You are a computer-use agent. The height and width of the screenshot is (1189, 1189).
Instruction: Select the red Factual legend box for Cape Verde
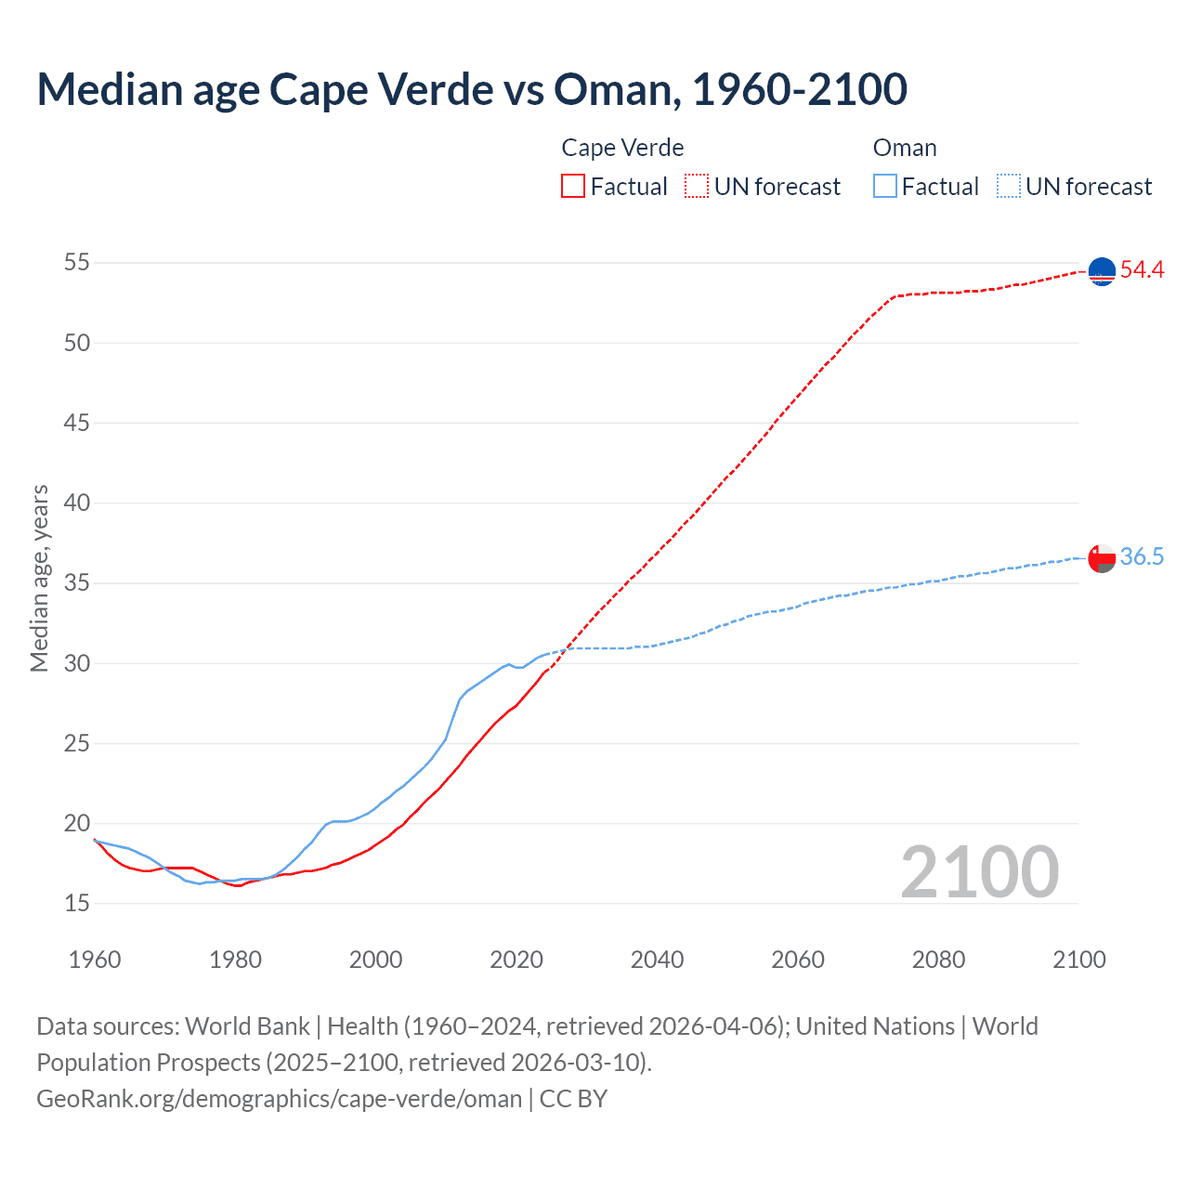573,187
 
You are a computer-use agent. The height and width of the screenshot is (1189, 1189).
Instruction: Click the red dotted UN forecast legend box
697,187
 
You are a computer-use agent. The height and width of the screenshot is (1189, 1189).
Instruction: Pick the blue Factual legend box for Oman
885,187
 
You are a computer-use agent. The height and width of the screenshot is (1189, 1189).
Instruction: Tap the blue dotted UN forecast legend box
1008,187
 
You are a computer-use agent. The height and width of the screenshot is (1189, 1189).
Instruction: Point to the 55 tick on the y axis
77,263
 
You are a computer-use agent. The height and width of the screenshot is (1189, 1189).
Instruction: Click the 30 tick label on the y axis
77,663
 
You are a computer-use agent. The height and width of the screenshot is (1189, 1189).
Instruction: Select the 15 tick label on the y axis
77,903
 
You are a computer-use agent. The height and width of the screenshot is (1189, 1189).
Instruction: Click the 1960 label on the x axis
95,960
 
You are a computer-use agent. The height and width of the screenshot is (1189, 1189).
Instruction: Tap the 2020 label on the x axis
516,960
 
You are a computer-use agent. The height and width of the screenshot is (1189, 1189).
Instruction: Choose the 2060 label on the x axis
798,960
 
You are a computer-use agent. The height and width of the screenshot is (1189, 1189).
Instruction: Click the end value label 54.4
1142,270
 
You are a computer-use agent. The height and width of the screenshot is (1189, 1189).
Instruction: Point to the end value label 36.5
1142,556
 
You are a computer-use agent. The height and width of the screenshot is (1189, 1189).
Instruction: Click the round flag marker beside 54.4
1102,271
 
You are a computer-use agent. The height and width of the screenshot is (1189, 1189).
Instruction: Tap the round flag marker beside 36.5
1102,558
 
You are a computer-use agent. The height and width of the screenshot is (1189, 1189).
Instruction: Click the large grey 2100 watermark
980,871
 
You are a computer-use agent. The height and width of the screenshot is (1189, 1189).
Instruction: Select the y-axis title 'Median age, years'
39,578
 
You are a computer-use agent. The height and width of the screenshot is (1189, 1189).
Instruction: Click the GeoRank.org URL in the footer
279,1099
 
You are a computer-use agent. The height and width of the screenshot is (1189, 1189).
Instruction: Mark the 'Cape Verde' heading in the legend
622,148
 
